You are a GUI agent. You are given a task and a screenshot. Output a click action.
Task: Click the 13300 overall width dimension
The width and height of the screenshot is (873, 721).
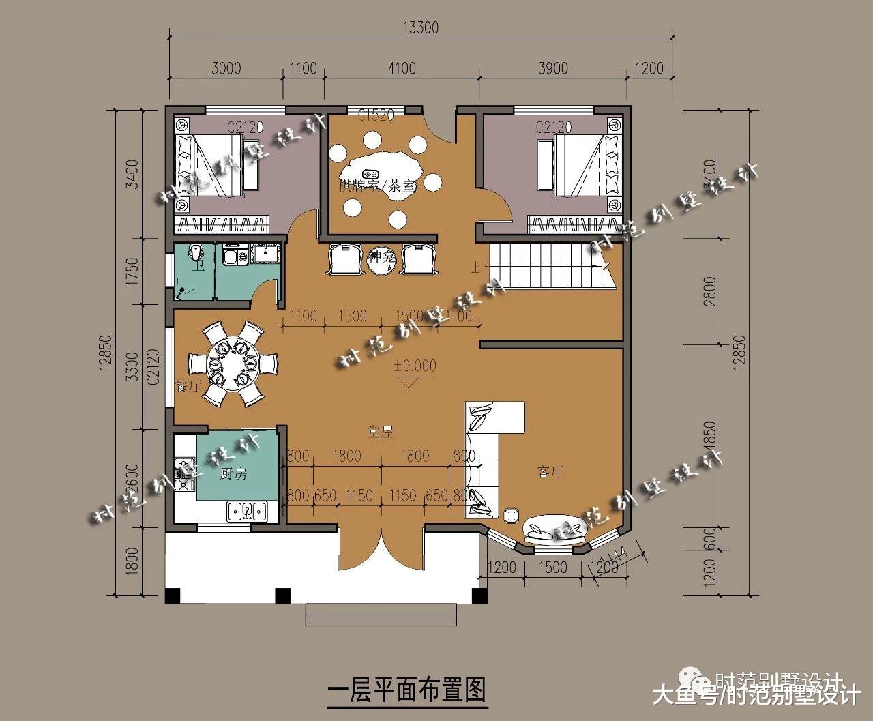420,28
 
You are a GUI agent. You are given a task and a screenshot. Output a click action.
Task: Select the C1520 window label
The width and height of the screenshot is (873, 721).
376,115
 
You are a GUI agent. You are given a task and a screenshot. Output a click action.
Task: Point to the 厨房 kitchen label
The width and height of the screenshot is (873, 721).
233,474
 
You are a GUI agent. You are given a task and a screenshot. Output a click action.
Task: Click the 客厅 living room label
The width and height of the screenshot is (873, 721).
550,472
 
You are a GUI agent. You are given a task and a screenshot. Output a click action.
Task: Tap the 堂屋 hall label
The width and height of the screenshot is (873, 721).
379,431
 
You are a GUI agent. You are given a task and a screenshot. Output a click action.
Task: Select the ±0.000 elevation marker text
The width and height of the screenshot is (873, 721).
414,366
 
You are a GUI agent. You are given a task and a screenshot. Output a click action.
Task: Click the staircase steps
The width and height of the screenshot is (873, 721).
552,266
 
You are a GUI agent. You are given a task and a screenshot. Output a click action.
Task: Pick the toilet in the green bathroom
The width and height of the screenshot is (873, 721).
196,255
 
